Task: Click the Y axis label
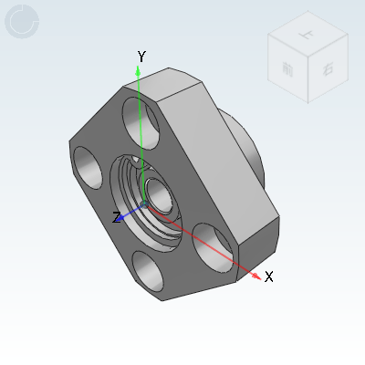[x=141, y=57]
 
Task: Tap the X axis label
[x=269, y=276]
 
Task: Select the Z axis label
[x=116, y=217]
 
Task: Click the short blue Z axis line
[x=130, y=213]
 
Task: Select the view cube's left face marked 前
[x=288, y=70]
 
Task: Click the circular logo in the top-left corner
[x=23, y=22]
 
